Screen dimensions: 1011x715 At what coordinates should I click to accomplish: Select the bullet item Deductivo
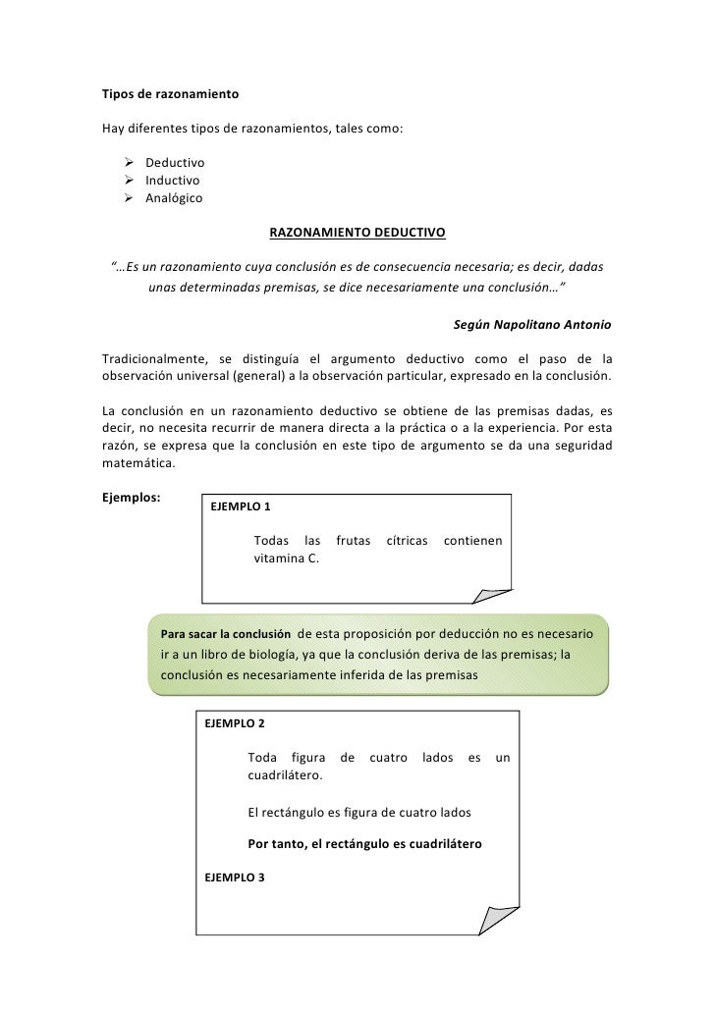click(x=175, y=162)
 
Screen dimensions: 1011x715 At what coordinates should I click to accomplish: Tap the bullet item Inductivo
click(x=173, y=181)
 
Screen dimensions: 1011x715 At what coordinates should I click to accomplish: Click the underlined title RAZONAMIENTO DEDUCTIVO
click(x=357, y=234)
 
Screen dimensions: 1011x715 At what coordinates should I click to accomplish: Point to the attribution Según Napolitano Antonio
click(x=533, y=324)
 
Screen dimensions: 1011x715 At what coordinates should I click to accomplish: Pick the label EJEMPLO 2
click(x=234, y=723)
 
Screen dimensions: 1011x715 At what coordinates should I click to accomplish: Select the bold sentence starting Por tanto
click(x=365, y=844)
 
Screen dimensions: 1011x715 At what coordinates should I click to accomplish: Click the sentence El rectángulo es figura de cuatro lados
click(x=360, y=813)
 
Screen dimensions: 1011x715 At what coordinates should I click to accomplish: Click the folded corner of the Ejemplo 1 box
click(x=491, y=593)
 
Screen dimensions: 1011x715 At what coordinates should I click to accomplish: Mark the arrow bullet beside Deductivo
click(x=129, y=162)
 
